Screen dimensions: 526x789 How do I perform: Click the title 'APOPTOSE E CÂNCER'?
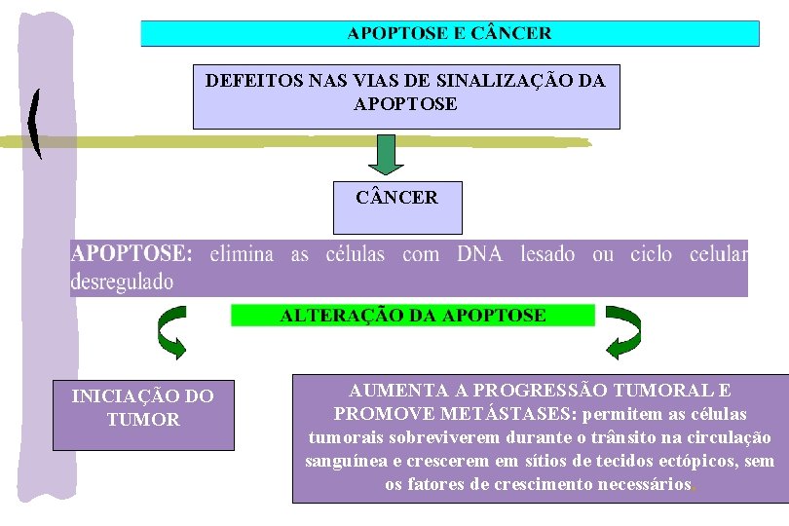[449, 33]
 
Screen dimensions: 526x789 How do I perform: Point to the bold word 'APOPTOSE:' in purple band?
[132, 255]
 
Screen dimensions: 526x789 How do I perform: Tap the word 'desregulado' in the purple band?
[122, 282]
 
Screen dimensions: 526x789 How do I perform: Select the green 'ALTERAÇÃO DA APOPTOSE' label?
[413, 316]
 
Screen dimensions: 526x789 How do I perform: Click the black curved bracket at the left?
[36, 123]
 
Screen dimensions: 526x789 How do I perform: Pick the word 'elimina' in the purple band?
[243, 255]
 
